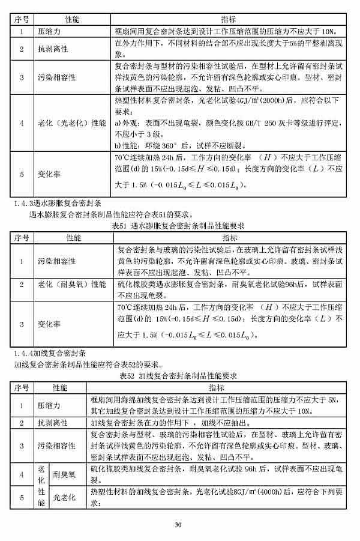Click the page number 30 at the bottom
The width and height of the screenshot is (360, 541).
tap(178, 525)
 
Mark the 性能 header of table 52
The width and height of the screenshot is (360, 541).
tap(60, 387)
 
